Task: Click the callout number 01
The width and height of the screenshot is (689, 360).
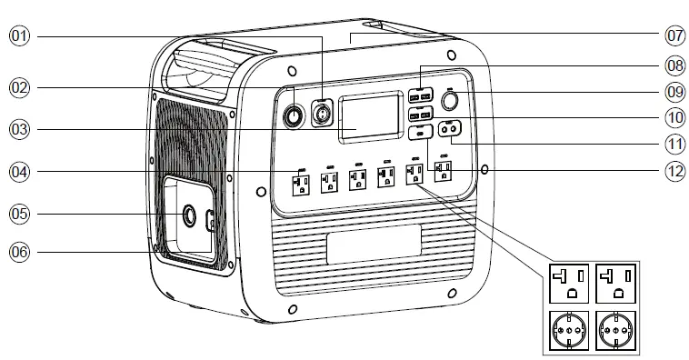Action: [20, 36]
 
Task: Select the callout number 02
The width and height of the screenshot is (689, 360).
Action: [20, 87]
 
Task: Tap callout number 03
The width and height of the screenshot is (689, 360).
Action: [20, 129]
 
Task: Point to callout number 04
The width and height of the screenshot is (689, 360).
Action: [20, 172]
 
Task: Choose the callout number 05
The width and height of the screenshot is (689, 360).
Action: [20, 214]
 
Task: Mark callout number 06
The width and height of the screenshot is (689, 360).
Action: [20, 251]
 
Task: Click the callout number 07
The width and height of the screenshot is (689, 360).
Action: [674, 36]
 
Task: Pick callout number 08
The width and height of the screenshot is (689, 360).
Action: [674, 65]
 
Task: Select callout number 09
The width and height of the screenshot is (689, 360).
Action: [674, 91]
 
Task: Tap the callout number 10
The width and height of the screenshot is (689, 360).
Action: [674, 117]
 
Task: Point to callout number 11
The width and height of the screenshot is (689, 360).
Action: [674, 144]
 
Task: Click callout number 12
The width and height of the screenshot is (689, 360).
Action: [674, 171]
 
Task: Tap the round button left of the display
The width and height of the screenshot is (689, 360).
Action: [294, 116]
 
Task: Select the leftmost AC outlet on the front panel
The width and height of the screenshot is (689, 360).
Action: [299, 184]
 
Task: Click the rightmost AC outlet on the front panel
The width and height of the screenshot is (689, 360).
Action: [443, 173]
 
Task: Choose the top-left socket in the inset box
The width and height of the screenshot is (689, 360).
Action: [568, 281]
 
